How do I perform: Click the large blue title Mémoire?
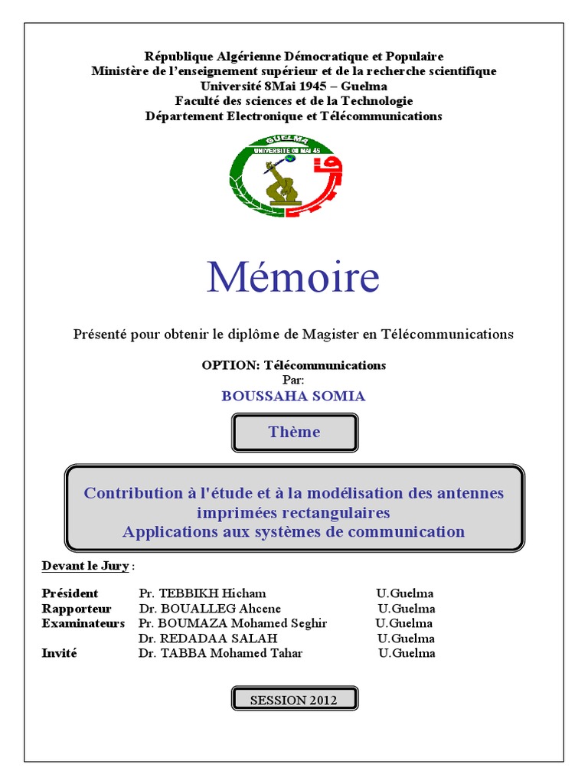293,276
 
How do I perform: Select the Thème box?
294,432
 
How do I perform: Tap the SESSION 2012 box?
294,699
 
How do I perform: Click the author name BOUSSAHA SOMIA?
293,396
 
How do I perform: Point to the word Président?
70,593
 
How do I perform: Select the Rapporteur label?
77,609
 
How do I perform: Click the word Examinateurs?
83,623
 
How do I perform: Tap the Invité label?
60,653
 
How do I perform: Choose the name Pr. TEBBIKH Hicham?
203,593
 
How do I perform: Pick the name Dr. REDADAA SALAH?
208,639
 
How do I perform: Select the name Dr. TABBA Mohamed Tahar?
220,653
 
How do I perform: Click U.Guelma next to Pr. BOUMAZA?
403,623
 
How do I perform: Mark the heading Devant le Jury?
86,566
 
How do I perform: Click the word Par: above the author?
293,380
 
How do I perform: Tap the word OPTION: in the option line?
230,365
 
